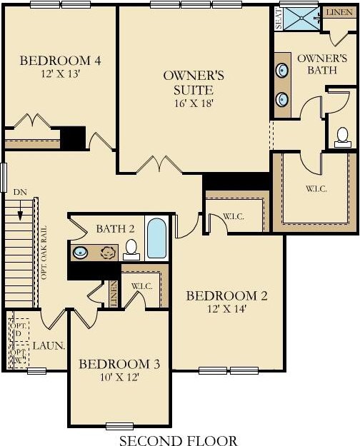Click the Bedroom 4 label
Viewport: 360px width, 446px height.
point(60,61)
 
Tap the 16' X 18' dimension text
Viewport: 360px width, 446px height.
point(194,103)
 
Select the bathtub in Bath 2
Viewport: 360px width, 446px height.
point(156,238)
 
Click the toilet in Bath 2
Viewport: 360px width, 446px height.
point(131,250)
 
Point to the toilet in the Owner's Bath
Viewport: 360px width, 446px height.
point(343,137)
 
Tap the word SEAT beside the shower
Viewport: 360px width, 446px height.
point(279,19)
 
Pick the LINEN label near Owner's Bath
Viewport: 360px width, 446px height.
point(339,13)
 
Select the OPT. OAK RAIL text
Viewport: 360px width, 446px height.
point(44,253)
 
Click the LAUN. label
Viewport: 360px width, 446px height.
point(49,346)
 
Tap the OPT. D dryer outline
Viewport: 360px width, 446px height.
point(19,329)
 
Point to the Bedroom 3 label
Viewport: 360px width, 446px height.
point(119,364)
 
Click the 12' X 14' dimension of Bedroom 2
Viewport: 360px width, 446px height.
point(226,309)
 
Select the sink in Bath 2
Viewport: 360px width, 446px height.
point(80,252)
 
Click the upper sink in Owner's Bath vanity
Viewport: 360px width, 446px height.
point(282,70)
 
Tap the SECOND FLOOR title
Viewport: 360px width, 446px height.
point(179,440)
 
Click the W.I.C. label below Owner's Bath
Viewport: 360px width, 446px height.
point(316,189)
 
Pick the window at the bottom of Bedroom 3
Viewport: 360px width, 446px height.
point(119,426)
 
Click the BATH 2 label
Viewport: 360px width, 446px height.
point(115,228)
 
